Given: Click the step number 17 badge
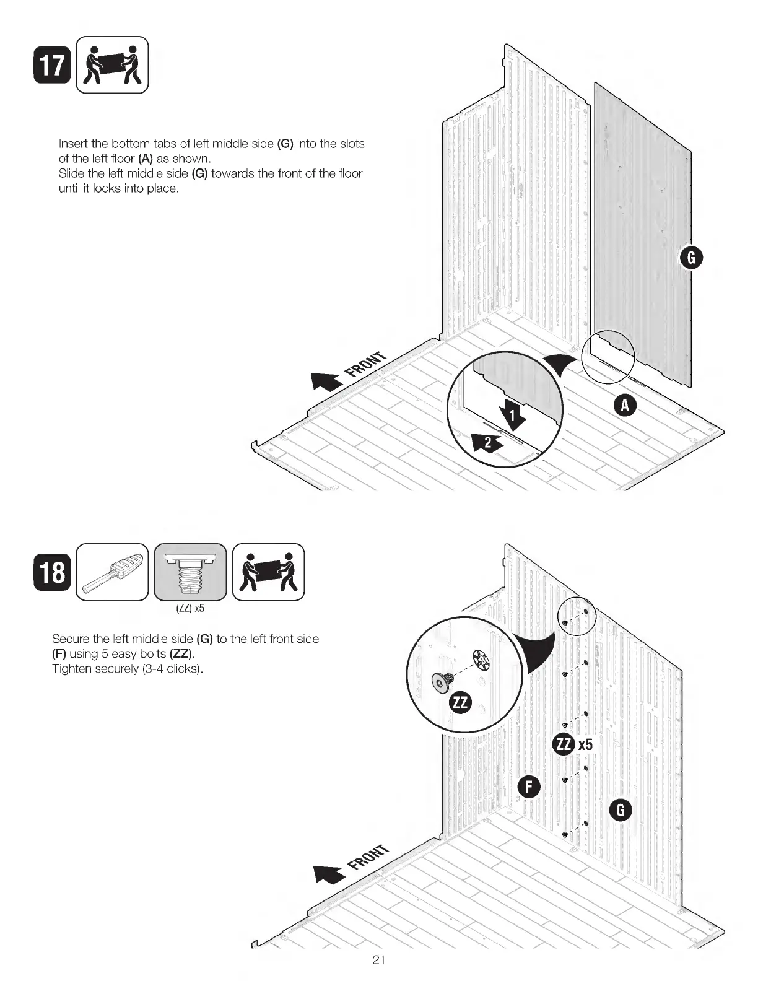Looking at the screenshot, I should (x=51, y=65).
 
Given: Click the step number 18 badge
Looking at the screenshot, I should (x=51, y=572).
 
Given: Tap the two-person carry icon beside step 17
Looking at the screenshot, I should (x=112, y=65).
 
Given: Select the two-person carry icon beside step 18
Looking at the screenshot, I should (x=268, y=572).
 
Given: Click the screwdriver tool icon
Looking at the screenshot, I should (x=112, y=572).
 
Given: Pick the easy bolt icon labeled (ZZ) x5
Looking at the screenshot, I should (x=190, y=572).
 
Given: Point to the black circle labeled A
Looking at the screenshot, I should (x=625, y=405).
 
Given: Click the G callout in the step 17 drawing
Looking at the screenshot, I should (x=690, y=258).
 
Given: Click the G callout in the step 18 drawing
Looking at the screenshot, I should (x=621, y=809).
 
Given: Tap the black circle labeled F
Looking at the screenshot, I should (x=529, y=787).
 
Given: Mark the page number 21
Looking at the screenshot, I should (x=379, y=960).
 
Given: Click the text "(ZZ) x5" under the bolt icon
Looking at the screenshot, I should (x=190, y=608).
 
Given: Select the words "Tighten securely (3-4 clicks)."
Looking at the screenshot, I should (x=128, y=669).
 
